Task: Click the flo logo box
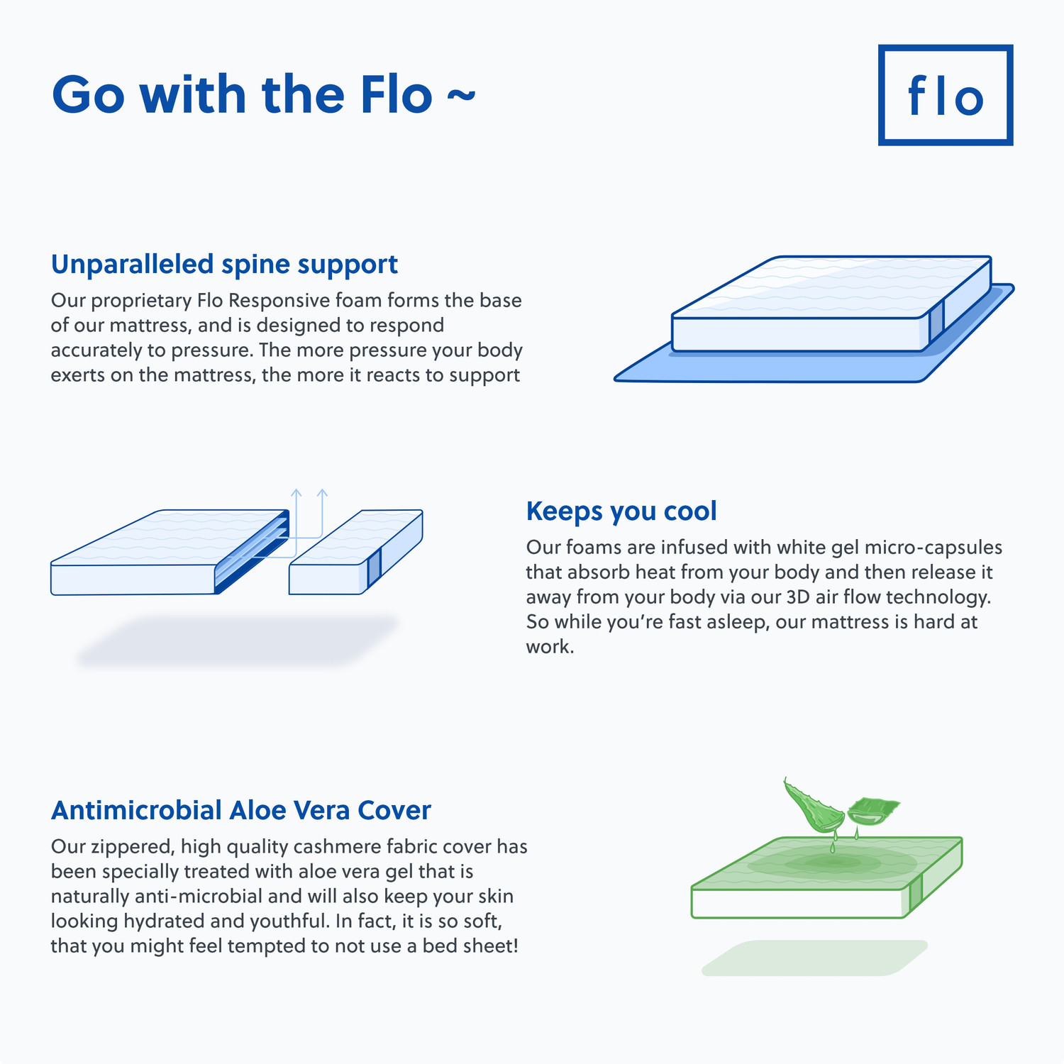(945, 95)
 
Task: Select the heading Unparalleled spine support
(224, 264)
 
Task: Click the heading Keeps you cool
(621, 511)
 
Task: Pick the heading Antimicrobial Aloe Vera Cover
(240, 810)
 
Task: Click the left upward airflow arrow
(297, 511)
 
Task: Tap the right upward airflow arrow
(322, 511)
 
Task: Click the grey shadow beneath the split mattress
(238, 641)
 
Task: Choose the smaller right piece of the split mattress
(355, 553)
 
